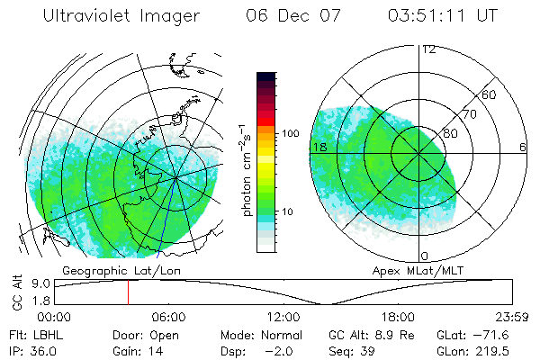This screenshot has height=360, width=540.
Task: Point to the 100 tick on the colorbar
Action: coord(291,133)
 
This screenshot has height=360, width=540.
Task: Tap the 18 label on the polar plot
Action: coord(318,147)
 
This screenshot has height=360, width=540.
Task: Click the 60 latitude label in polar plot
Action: coord(490,95)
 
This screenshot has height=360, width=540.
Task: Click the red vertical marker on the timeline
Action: coord(128,292)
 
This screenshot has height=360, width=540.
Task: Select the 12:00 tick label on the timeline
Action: coord(283,317)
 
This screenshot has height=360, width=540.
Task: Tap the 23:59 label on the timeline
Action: coord(512,317)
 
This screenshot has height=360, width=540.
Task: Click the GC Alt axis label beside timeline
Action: coord(16,292)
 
